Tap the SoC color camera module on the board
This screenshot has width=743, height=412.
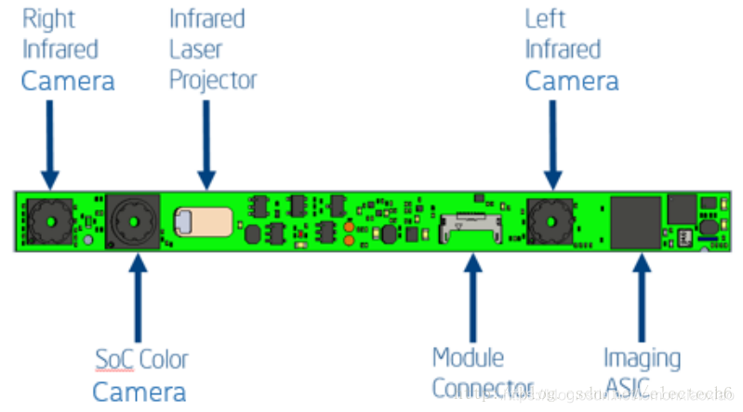pos(133,222)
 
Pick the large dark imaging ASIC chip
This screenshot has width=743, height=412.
pos(636,222)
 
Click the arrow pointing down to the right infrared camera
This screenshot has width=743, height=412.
pos(49,145)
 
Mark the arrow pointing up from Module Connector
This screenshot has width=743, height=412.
pos(473,298)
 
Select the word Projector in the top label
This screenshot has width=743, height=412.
pos(213,80)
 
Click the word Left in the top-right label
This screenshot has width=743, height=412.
pos(545,18)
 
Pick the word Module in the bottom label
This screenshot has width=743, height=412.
pos(468,357)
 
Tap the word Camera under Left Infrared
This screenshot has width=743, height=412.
pos(571,81)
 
